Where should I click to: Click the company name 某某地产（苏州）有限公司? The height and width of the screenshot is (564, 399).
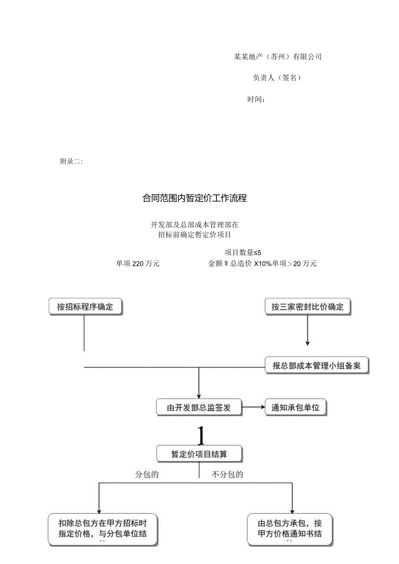point(278,57)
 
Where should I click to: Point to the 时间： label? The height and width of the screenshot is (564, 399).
point(256,100)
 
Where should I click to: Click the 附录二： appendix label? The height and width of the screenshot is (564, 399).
point(71,162)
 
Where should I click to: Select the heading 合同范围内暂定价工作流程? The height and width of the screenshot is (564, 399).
point(195,199)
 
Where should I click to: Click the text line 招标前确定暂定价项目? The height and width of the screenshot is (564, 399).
point(195,235)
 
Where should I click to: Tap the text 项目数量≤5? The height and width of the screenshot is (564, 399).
point(243,253)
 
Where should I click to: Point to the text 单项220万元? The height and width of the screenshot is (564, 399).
point(138,264)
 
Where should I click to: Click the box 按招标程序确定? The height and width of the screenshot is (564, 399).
point(85,307)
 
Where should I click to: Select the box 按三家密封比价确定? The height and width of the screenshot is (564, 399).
point(307,307)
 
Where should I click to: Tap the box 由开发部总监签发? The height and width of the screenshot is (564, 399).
point(199,408)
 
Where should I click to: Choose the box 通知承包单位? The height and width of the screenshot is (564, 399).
point(295,408)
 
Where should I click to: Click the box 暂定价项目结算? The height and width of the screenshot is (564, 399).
point(199,454)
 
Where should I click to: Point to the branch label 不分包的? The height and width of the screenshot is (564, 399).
point(227,474)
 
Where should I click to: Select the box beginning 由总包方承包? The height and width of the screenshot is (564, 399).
point(290,529)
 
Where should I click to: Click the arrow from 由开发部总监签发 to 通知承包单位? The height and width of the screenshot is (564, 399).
point(253,408)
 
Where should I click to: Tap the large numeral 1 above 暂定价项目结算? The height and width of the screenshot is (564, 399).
point(200,436)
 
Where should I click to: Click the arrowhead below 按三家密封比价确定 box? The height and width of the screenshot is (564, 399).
point(307,343)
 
